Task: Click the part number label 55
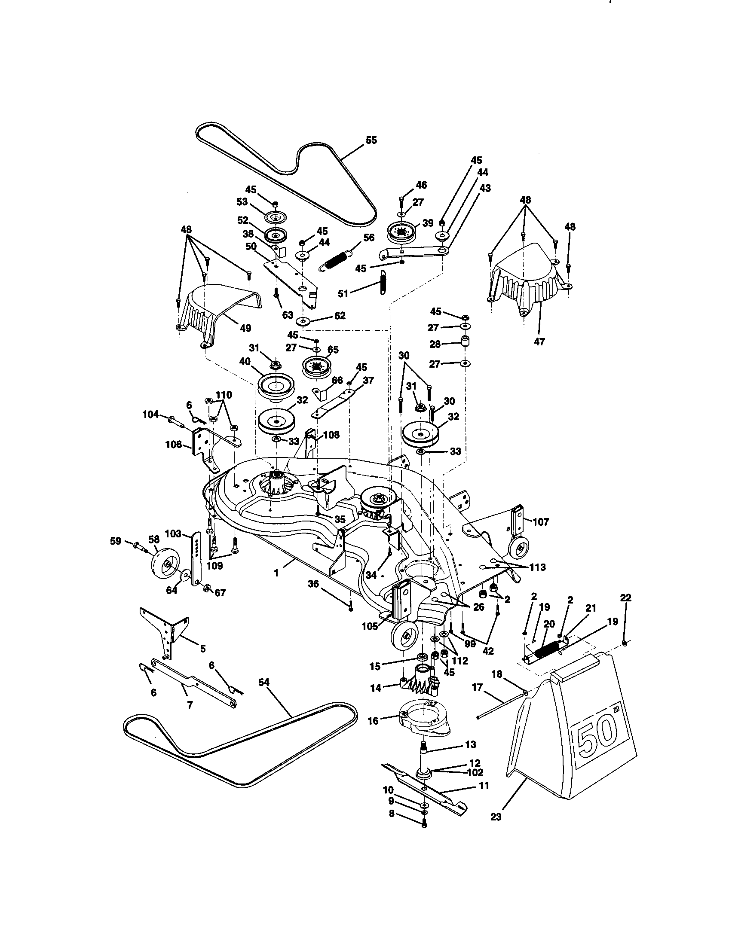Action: tap(371, 140)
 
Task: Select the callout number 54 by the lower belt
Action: tap(263, 683)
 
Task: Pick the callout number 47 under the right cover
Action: tap(539, 341)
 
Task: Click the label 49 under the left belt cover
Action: tap(245, 329)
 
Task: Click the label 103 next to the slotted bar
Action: tap(173, 533)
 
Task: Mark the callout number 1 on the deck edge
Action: tap(276, 575)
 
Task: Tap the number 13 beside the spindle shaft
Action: tap(470, 744)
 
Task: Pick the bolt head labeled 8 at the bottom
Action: tap(424, 825)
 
